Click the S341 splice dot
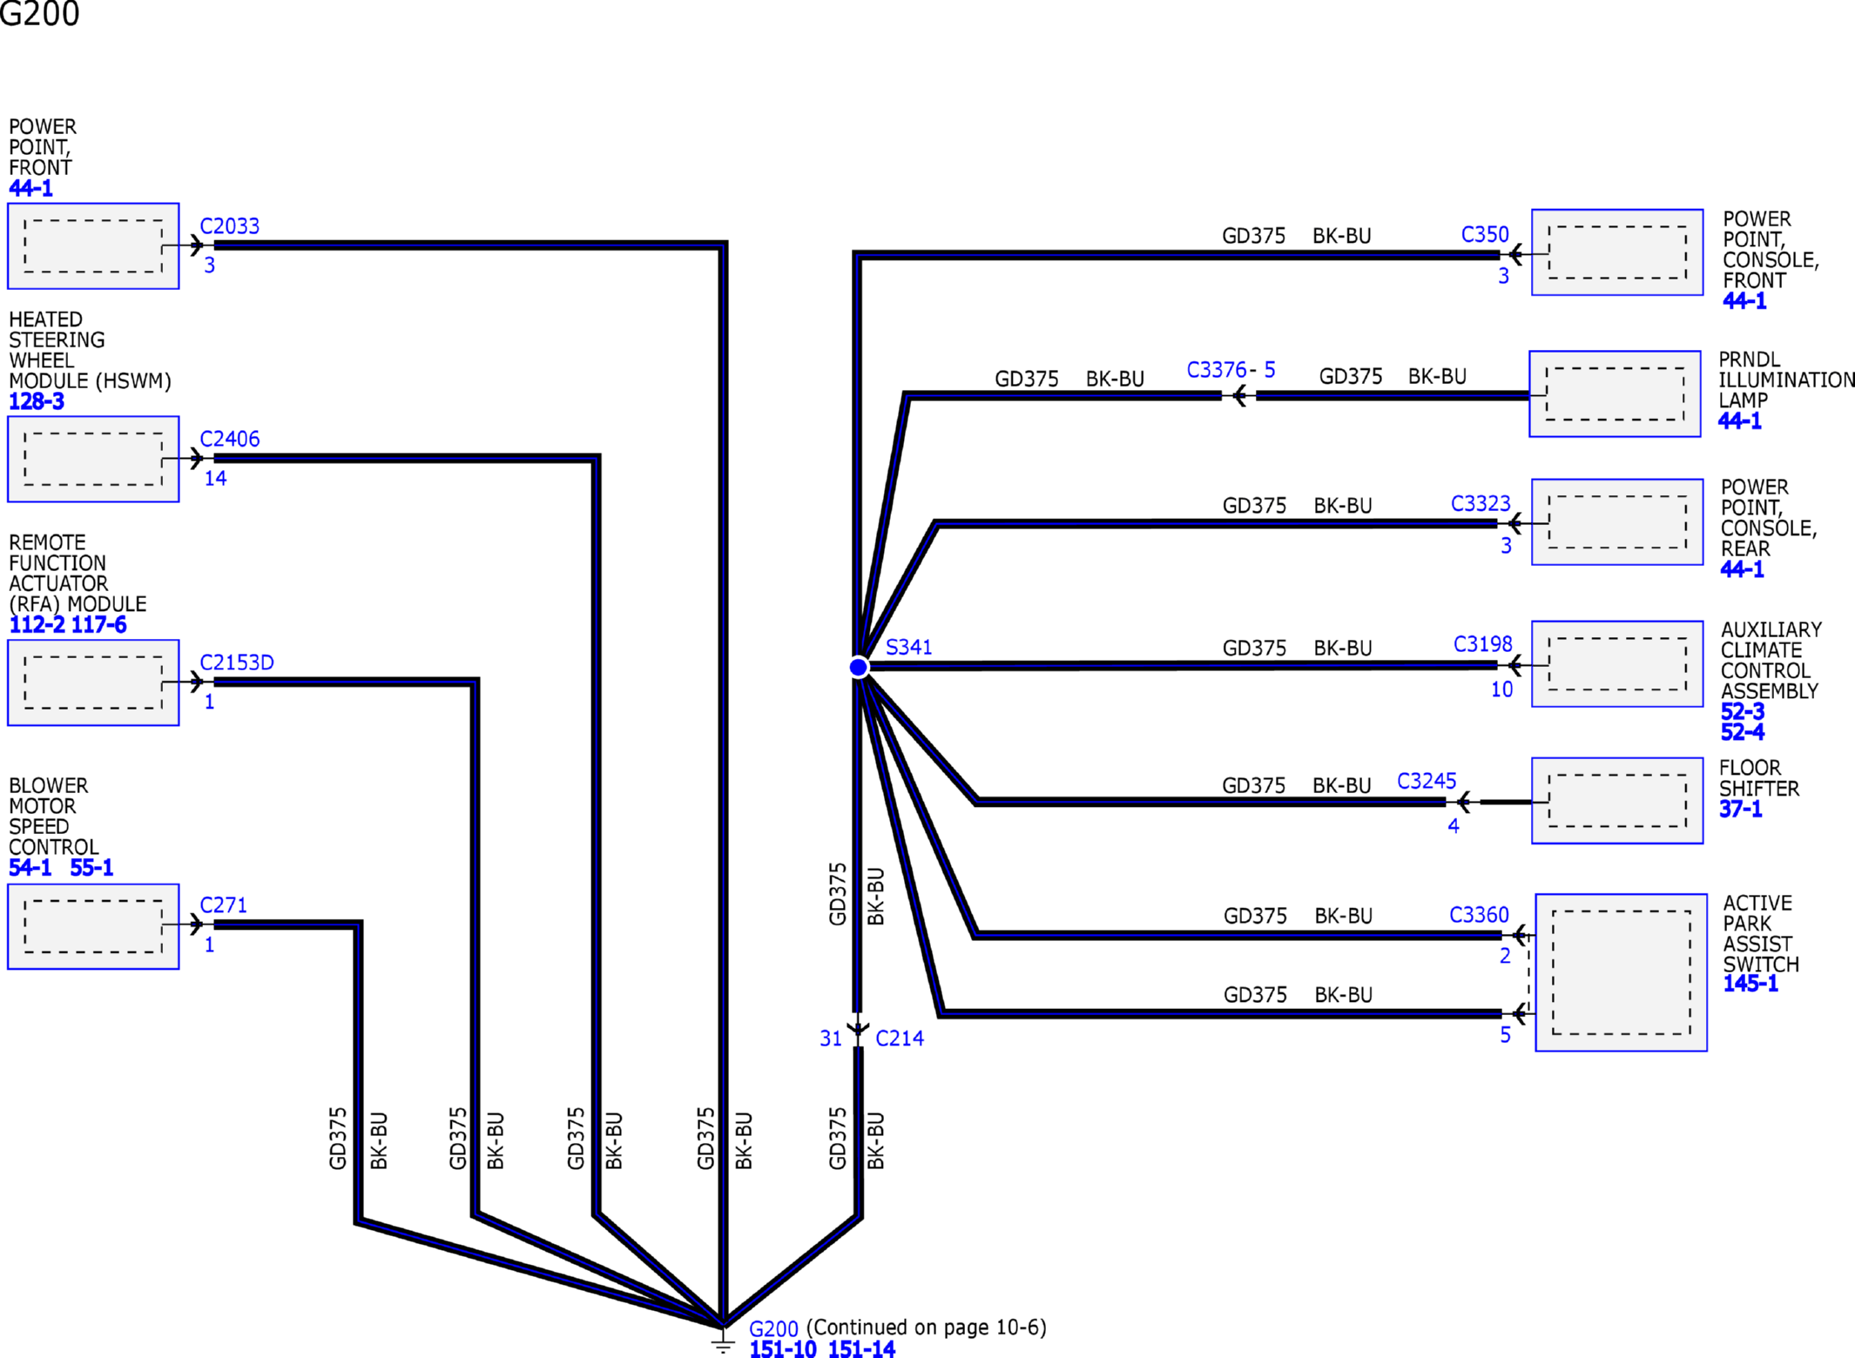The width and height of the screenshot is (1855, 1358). [x=858, y=667]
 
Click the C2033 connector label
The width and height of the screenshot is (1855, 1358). [x=230, y=226]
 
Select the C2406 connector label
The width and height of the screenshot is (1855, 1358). [x=230, y=439]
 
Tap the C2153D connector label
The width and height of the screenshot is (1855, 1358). [x=237, y=662]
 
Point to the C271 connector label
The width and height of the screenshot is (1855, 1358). [x=224, y=905]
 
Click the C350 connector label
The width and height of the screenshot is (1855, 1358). [x=1485, y=235]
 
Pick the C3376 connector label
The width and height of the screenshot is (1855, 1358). [x=1217, y=370]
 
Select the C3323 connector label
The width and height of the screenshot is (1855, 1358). [x=1481, y=504]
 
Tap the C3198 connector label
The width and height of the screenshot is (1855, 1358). [x=1483, y=644]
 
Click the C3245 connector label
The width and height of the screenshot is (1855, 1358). [x=1427, y=781]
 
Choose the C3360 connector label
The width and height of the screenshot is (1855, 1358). [x=1479, y=915]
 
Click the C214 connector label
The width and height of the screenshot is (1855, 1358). [x=900, y=1039]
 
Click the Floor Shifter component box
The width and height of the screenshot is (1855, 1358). [x=1617, y=801]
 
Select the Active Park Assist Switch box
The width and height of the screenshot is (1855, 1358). [x=1621, y=972]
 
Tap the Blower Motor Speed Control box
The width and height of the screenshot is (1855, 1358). [x=93, y=926]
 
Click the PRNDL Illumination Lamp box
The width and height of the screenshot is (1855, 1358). [x=1615, y=393]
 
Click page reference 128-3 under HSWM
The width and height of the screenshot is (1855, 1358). [x=37, y=401]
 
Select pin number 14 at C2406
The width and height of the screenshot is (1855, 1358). [x=215, y=478]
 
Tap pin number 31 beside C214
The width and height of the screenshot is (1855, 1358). [x=831, y=1039]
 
